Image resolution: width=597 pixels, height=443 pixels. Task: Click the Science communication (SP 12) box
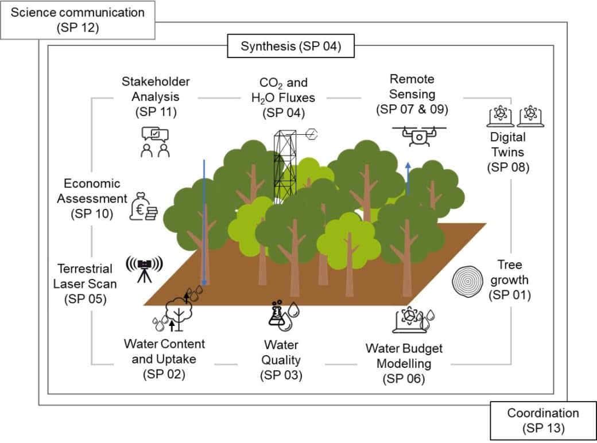pos(77,20)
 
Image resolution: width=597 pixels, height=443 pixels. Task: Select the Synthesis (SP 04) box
pos(291,46)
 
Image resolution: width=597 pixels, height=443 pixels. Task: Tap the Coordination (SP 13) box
pos(543,421)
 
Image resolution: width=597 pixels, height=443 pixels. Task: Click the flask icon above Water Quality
pos(277,314)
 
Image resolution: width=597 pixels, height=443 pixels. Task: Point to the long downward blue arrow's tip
pos(204,285)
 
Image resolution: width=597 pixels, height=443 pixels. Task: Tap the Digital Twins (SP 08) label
pos(508,152)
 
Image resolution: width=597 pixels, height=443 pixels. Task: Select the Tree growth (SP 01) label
pos(509,279)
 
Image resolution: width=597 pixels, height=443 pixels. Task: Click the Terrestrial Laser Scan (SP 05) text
pos(85,283)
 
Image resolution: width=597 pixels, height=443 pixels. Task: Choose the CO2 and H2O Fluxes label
pos(283,98)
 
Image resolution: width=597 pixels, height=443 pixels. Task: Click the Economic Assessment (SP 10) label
pos(92,199)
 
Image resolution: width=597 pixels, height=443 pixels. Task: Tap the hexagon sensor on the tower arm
pos(312,134)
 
